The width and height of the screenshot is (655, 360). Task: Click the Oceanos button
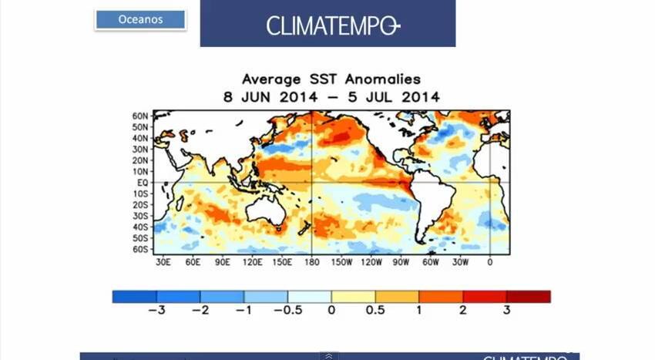pos(140,20)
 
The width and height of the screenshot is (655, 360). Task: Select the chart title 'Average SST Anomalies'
pos(331,79)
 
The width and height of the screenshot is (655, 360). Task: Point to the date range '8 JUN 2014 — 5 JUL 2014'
pos(331,97)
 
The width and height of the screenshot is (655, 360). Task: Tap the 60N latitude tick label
pos(140,115)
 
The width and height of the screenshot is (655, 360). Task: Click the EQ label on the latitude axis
pos(143,183)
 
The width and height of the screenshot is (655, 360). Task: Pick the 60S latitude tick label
pos(140,250)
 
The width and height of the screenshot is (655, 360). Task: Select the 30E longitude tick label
pos(163,262)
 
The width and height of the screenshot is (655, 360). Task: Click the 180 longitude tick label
pos(311,262)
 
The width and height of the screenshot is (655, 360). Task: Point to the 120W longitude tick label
pos(371,262)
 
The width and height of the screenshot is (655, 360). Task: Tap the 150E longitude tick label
pos(282,262)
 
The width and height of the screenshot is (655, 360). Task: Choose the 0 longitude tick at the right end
pos(490,262)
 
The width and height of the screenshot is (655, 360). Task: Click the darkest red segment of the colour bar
pos(529,297)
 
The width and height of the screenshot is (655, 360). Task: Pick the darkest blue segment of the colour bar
pos(134,297)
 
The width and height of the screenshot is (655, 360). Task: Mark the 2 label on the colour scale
pos(464,310)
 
